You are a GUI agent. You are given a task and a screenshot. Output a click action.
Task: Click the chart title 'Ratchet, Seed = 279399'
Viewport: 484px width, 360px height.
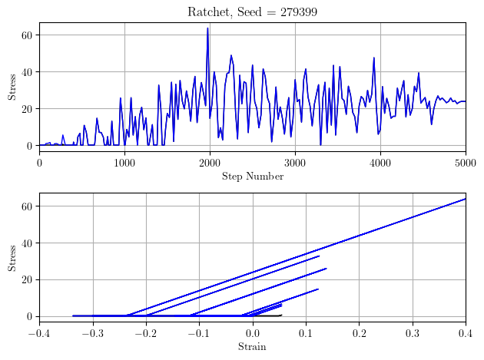coord(252,12)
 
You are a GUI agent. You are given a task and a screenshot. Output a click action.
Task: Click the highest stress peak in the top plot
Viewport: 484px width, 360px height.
coord(207,28)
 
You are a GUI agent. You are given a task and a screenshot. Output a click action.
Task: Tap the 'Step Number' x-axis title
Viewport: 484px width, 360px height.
coord(252,177)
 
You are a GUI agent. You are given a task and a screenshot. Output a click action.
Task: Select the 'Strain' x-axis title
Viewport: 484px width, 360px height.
coord(252,347)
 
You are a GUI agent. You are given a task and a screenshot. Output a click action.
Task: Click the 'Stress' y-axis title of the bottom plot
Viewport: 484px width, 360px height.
coord(12,257)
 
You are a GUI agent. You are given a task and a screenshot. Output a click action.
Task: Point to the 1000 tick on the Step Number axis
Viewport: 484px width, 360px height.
coord(124,162)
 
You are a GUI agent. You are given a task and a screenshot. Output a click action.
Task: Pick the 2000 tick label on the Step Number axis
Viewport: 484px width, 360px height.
coord(210,162)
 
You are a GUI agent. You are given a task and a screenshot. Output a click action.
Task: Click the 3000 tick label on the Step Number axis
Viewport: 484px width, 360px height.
coord(295,162)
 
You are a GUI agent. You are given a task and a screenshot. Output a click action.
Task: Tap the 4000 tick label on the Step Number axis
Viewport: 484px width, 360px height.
coord(380,162)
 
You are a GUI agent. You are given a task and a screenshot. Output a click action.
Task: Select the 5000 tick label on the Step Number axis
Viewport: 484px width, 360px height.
coord(466,162)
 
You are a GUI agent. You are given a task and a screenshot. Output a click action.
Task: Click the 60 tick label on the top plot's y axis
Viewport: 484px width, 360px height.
coord(27,35)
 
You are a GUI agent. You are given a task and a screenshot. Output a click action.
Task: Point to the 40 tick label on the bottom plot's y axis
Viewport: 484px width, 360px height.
coord(27,243)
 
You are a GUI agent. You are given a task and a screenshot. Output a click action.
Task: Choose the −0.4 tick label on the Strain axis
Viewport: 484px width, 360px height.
coord(39,333)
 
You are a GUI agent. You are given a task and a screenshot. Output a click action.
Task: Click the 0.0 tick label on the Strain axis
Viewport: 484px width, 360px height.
coord(252,333)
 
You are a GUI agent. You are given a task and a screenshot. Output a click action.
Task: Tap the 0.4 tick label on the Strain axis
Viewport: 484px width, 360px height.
coord(466,333)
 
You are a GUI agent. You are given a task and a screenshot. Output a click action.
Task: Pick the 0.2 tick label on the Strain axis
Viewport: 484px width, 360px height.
coord(359,333)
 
